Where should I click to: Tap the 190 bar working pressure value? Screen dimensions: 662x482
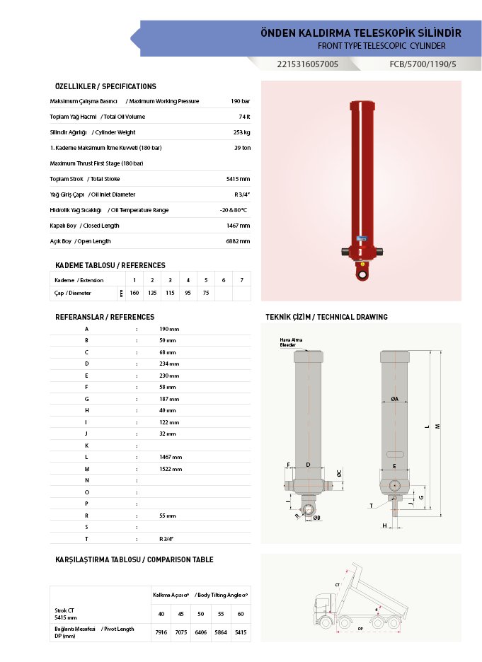(x=240, y=101)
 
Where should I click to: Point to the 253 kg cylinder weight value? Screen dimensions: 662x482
(x=241, y=132)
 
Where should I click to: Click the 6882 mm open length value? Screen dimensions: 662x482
(x=238, y=241)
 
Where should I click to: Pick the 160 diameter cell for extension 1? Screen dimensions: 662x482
(x=134, y=293)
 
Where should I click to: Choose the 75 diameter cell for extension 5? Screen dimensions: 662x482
(x=206, y=293)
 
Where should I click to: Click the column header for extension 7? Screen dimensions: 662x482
(x=241, y=280)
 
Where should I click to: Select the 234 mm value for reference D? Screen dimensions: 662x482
(x=169, y=364)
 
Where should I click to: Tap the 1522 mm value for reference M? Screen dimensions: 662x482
(x=171, y=469)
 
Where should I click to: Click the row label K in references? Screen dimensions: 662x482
(x=86, y=446)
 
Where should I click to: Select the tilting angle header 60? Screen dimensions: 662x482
(x=241, y=613)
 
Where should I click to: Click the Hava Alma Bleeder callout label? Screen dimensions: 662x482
(x=291, y=342)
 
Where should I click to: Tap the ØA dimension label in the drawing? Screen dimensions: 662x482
(x=394, y=399)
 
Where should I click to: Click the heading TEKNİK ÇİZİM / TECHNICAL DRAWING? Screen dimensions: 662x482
(x=326, y=317)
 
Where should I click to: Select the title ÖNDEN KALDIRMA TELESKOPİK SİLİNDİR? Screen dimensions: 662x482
(x=361, y=33)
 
